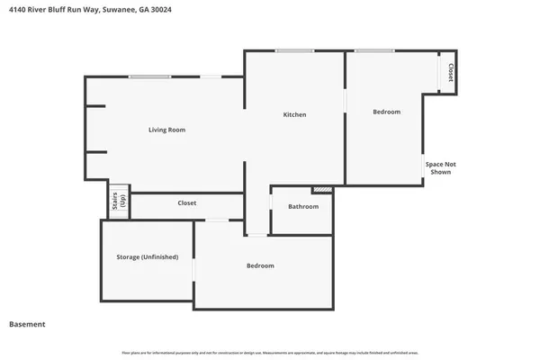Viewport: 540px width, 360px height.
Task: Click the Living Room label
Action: pyautogui.click(x=166, y=130)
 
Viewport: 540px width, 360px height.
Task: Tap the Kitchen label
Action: pyautogui.click(x=294, y=115)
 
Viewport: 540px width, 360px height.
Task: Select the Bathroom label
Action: pyautogui.click(x=303, y=207)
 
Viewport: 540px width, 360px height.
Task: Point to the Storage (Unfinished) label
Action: pyautogui.click(x=147, y=257)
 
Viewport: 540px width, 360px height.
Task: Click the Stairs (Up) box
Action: pyautogui.click(x=119, y=201)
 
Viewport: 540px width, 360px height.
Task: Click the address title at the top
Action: pyautogui.click(x=81, y=10)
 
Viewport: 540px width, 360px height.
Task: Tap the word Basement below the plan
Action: pyautogui.click(x=27, y=325)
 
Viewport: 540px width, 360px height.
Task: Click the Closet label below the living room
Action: pyautogui.click(x=187, y=203)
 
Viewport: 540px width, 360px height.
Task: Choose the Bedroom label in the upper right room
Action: pyautogui.click(x=386, y=112)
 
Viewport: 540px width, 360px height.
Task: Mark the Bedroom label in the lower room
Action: pyautogui.click(x=260, y=266)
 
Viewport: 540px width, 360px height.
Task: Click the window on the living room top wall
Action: pyautogui.click(x=149, y=76)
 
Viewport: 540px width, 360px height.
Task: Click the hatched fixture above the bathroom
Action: pyautogui.click(x=321, y=190)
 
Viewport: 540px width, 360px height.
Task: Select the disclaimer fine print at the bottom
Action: pyautogui.click(x=270, y=353)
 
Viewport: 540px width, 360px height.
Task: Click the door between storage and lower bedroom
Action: pyautogui.click(x=194, y=269)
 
